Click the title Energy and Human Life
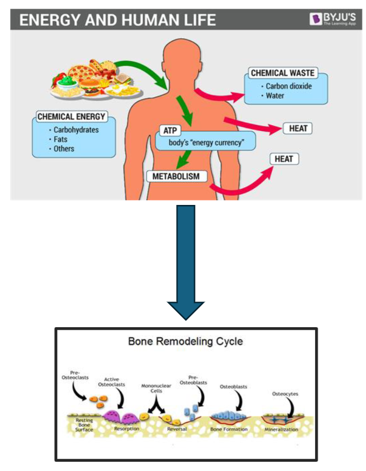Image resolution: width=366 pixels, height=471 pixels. click(x=117, y=21)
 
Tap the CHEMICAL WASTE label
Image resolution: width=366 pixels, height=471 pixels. click(x=282, y=73)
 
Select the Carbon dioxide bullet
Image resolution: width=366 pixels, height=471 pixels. click(x=288, y=86)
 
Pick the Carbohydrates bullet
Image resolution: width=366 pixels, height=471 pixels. click(x=76, y=130)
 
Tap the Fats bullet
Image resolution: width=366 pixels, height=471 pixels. click(x=60, y=139)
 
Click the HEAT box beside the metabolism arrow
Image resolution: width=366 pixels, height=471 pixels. click(x=283, y=159)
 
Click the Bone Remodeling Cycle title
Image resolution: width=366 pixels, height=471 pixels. click(x=185, y=341)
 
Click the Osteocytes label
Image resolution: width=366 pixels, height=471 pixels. click(x=285, y=394)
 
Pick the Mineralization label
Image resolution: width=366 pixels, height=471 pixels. click(x=281, y=429)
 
